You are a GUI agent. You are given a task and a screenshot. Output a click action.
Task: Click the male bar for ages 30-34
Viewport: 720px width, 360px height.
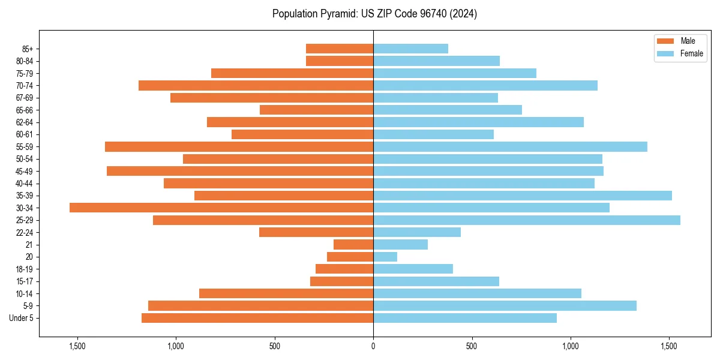point(221,208)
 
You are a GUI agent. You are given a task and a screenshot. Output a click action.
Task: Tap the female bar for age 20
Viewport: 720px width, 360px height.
point(385,257)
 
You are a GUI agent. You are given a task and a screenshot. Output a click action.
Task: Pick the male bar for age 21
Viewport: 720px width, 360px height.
point(353,244)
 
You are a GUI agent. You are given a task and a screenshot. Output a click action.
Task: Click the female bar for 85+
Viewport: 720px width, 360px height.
point(410,49)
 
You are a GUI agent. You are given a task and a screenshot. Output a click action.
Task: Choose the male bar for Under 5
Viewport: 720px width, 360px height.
point(257,318)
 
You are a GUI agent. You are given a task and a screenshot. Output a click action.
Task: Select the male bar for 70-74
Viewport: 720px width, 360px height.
point(256,85)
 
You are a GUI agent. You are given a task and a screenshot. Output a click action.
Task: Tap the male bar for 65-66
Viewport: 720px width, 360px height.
point(316,110)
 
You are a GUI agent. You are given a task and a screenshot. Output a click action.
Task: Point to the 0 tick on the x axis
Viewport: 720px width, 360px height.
point(373,346)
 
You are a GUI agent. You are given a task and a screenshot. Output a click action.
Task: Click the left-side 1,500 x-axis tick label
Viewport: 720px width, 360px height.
point(77,346)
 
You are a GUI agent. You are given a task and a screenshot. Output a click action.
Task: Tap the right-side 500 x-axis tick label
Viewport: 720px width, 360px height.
point(472,346)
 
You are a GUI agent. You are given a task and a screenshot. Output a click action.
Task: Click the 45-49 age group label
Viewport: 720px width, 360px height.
point(24,171)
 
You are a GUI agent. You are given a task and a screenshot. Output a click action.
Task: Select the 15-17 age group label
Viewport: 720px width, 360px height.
point(24,281)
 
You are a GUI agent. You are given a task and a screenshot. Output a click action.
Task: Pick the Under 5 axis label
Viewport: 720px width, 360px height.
point(21,318)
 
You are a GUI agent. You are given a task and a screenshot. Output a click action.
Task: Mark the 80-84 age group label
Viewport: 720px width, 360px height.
point(24,61)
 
